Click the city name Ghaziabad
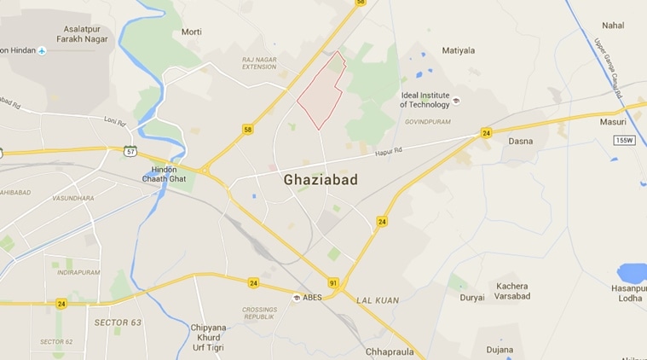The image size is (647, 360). (x=320, y=180)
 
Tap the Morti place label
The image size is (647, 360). (x=191, y=32)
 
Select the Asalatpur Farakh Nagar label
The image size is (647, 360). (x=84, y=34)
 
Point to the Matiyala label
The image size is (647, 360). (x=459, y=50)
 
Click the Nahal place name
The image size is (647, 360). (x=612, y=26)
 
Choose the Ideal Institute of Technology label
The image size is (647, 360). (x=425, y=100)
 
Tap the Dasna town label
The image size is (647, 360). (x=520, y=141)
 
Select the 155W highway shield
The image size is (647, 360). (x=625, y=139)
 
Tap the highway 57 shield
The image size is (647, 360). (x=130, y=151)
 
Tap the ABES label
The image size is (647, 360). (x=313, y=298)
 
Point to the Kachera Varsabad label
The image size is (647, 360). (x=511, y=292)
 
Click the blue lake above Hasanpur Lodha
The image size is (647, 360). (x=632, y=272)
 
